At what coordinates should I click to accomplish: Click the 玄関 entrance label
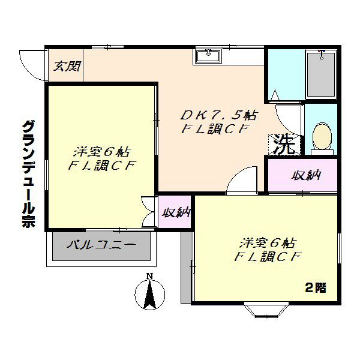pos(67,67)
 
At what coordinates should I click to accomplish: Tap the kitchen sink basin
pos(208,56)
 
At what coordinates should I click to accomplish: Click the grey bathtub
pos(321,74)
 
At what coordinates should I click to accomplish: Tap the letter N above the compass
pos(149,275)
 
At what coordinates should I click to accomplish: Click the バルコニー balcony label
pos(101,245)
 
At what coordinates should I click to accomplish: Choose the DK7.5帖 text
pos(218,115)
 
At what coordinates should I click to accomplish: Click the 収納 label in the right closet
pos(306,176)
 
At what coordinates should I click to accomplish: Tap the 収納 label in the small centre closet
pos(176,212)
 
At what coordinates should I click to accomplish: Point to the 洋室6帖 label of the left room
pos(103,152)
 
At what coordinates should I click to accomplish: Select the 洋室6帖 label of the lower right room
pos(268,243)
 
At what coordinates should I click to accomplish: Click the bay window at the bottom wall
pos(266,310)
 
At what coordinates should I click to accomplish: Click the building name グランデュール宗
pos(28,174)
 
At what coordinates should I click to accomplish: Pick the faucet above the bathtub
pos(322,55)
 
